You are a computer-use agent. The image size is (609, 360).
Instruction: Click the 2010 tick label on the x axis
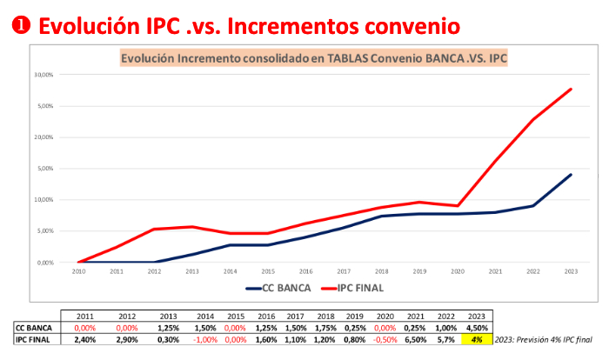[x=78, y=270]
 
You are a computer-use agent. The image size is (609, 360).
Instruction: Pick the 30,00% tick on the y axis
[x=43, y=75]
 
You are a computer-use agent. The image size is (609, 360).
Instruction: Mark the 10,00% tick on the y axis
[x=43, y=200]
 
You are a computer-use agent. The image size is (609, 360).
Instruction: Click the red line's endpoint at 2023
[x=570, y=89]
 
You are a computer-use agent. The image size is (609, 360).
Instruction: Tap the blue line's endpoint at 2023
[x=570, y=175]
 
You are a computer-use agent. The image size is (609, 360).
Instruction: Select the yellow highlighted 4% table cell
[x=478, y=340]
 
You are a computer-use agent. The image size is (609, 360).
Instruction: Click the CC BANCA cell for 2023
[x=478, y=328]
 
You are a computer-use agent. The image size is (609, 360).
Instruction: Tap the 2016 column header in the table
[x=266, y=316]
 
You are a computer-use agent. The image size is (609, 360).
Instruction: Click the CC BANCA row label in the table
[x=32, y=328]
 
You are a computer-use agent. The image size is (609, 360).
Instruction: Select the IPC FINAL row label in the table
[x=32, y=340]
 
